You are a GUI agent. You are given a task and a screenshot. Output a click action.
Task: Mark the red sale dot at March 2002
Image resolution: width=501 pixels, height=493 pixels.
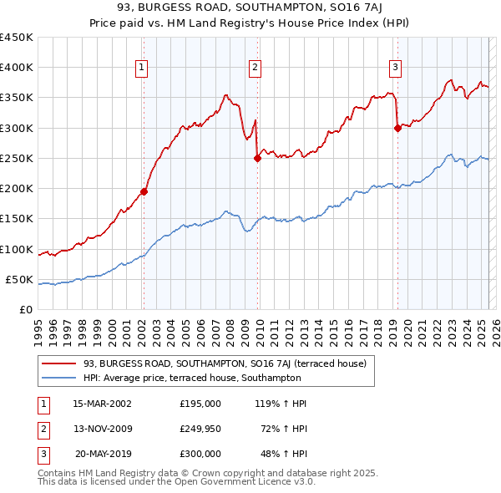coord(144,191)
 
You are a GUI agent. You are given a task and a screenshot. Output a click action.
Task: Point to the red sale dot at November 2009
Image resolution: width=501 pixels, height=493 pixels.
coord(257,159)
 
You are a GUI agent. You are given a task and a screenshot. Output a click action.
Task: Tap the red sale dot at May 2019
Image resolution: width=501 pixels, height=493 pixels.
coord(397,128)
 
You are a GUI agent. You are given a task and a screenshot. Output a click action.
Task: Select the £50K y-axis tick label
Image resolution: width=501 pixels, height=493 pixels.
coord(20,280)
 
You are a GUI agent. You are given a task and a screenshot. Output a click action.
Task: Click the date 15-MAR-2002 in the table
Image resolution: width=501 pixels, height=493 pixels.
coord(102,404)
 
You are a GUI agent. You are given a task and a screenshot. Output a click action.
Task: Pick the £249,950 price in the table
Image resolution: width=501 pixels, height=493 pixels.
coord(200,429)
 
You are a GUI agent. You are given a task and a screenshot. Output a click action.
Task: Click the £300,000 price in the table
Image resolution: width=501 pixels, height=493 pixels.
coord(200,454)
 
